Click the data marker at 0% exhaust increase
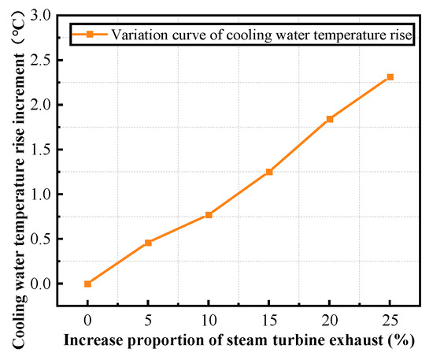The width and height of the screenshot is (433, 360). [x=87, y=284]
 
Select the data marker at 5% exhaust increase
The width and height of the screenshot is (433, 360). [x=148, y=243]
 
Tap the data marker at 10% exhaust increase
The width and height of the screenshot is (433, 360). [x=209, y=215]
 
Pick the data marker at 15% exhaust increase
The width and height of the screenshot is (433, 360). [x=269, y=172]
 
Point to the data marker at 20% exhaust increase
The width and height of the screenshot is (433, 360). [x=330, y=119]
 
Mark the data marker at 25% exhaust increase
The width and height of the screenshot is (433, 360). [x=390, y=77]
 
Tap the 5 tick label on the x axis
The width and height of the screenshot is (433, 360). [x=148, y=322]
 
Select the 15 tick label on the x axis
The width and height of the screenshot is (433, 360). [x=269, y=322]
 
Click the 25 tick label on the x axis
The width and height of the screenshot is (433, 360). [x=390, y=322]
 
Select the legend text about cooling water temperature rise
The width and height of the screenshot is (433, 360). [x=261, y=34]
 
